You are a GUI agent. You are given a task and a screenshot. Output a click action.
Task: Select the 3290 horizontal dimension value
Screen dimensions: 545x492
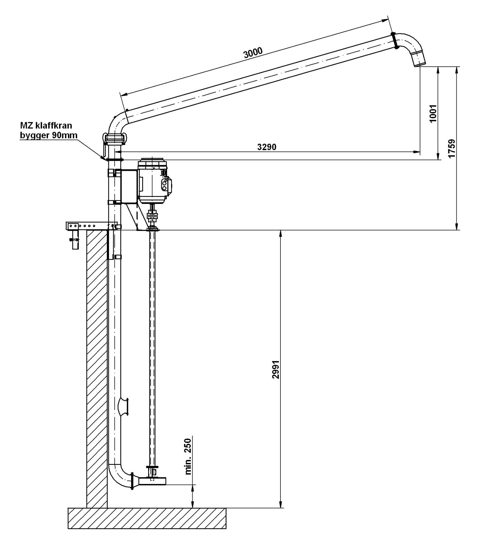click(267, 147)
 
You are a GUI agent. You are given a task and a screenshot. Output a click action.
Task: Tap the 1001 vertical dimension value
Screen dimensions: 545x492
click(433, 113)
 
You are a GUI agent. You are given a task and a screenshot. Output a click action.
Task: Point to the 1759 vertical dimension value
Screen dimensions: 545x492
click(452, 148)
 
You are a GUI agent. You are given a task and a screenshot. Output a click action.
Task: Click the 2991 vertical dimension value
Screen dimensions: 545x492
click(276, 369)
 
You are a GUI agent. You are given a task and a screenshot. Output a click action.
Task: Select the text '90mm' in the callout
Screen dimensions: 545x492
click(64, 135)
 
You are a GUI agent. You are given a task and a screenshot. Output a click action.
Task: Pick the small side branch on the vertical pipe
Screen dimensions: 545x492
click(124, 406)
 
